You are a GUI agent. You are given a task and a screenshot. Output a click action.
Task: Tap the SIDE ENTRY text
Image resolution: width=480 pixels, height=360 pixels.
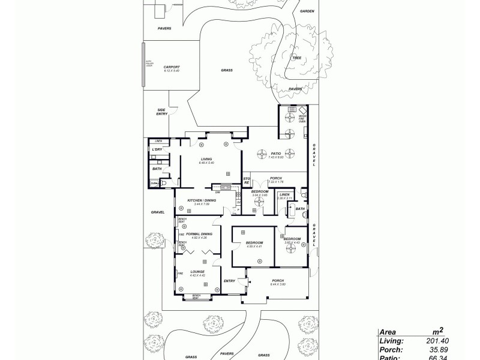[161, 111]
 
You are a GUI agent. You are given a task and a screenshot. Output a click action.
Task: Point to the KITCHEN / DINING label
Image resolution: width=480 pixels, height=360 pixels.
[201, 200]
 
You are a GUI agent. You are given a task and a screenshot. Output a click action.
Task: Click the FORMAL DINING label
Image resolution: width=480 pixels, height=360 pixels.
[199, 234]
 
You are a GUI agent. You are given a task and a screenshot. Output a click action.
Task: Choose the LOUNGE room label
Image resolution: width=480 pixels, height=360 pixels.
[198, 272]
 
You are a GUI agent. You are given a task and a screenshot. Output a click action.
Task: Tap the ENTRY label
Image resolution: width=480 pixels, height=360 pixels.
[229, 281]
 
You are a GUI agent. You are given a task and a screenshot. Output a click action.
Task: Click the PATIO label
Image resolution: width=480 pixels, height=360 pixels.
[275, 154]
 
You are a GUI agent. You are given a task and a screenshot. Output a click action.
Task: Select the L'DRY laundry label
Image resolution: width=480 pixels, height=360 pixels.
[157, 149]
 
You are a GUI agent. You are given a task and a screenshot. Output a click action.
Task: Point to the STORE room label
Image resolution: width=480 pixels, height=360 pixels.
[246, 181]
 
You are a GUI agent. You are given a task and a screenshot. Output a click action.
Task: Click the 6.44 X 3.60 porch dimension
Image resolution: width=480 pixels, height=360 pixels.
[278, 284]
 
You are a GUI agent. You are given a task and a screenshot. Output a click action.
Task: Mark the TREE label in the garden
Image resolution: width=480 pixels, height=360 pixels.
[296, 58]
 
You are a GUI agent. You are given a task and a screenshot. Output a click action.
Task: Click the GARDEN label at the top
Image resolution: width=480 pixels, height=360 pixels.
[307, 11]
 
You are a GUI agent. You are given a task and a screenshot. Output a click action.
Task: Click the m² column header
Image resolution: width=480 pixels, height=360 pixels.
[437, 330]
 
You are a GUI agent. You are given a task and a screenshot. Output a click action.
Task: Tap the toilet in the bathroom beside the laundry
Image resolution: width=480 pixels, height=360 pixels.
[155, 184]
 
